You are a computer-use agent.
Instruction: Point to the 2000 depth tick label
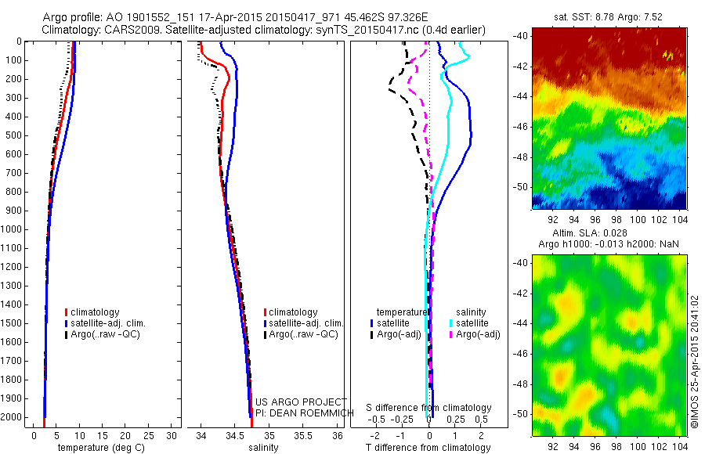click(x=13, y=418)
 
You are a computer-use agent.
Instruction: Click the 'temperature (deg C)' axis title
click(x=99, y=448)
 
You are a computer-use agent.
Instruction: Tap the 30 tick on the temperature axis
click(x=172, y=434)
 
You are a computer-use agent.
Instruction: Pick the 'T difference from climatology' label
click(x=428, y=448)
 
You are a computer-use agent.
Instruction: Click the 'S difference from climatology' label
click(x=428, y=408)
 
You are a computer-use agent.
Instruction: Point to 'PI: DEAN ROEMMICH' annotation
click(x=299, y=412)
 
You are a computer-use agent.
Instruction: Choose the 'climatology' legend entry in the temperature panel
click(x=97, y=312)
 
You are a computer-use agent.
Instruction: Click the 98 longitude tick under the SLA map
click(x=617, y=445)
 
